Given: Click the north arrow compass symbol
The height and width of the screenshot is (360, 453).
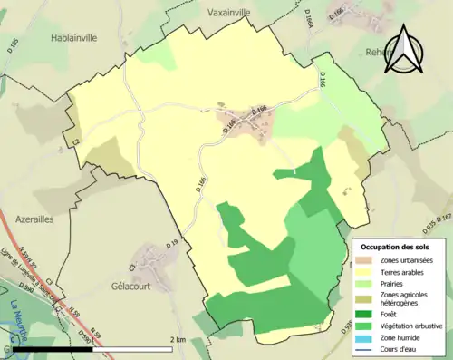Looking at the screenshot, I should pos(404,52).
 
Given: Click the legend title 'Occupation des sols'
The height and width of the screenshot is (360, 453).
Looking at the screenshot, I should pos(396,247).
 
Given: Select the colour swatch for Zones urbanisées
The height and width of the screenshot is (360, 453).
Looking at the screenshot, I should pos(365,260).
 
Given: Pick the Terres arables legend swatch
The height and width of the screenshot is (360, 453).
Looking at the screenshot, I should pos(365,272).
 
